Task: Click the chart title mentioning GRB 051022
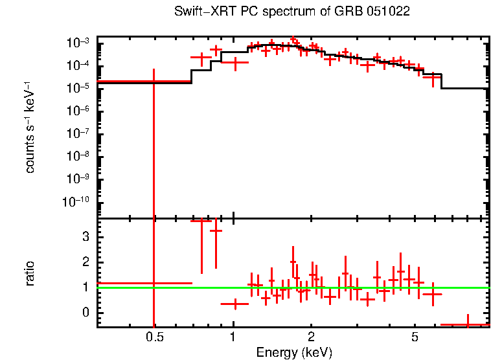pos(292,12)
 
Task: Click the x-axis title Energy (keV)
pos(294,353)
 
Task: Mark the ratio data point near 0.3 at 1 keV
pos(234,304)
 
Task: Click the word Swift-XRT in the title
pos(201,12)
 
